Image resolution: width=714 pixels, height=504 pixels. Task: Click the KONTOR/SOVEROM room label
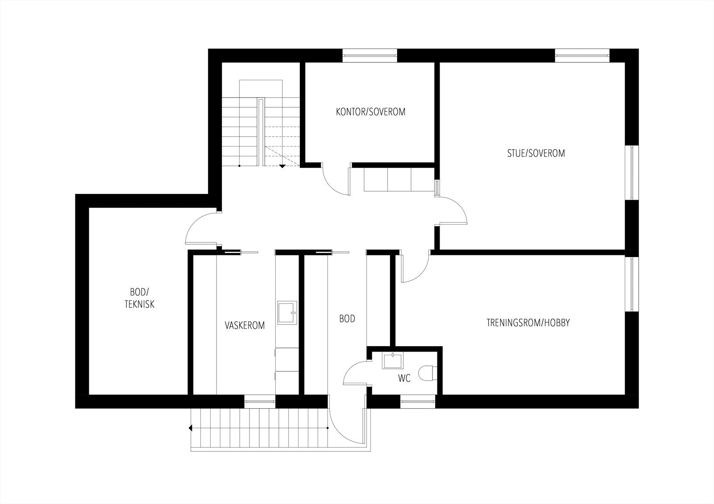(x=370, y=112)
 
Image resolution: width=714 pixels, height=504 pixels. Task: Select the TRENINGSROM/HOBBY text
(x=528, y=323)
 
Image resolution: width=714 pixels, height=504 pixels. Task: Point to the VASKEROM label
(x=245, y=325)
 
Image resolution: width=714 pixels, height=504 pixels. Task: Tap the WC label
(x=404, y=379)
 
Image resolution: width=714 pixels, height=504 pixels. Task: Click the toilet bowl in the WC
(x=428, y=373)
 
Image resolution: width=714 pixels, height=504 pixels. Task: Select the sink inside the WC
(x=393, y=361)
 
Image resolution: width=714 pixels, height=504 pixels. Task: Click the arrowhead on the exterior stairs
(x=191, y=428)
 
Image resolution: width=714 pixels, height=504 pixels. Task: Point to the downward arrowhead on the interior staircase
(x=282, y=167)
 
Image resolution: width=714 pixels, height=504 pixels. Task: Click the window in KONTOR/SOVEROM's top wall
(x=369, y=55)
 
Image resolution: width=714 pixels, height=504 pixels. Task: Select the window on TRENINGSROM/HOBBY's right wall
(x=631, y=283)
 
